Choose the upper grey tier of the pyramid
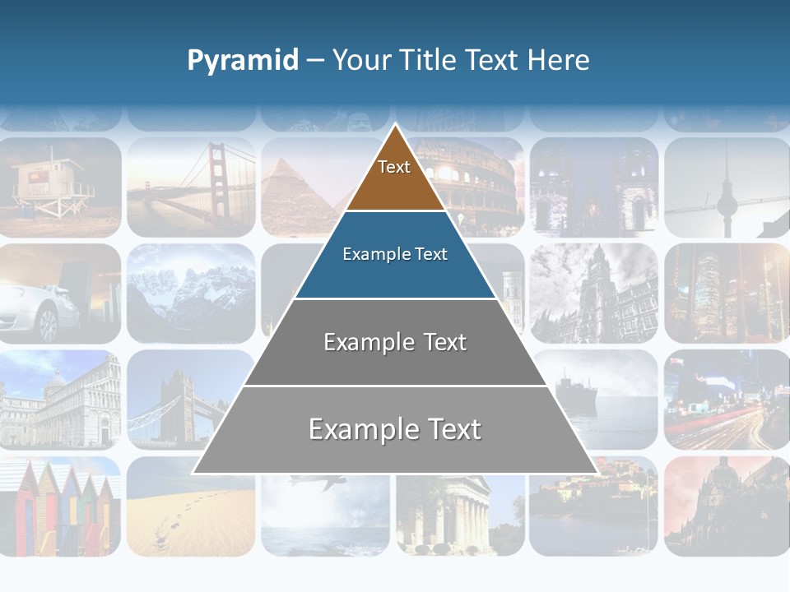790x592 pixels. click(395, 343)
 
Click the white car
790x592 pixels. click(37, 308)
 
